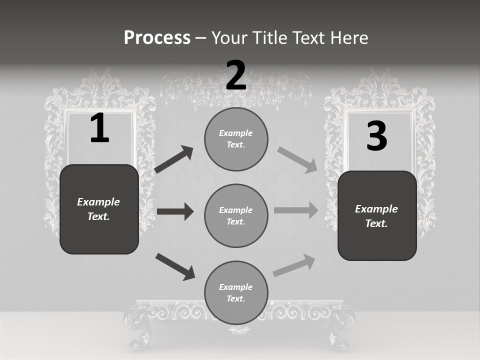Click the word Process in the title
tap(157, 38)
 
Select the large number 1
tap(99, 128)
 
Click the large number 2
tap(236, 75)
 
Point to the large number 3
tap(376, 136)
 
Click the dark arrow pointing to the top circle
tap(174, 159)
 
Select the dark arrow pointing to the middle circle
tap(175, 211)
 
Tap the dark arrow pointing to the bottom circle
tap(175, 266)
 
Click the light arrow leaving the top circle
tap(297, 160)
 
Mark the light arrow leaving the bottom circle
tap(294, 265)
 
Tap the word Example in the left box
tap(98, 202)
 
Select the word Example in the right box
tap(376, 209)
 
